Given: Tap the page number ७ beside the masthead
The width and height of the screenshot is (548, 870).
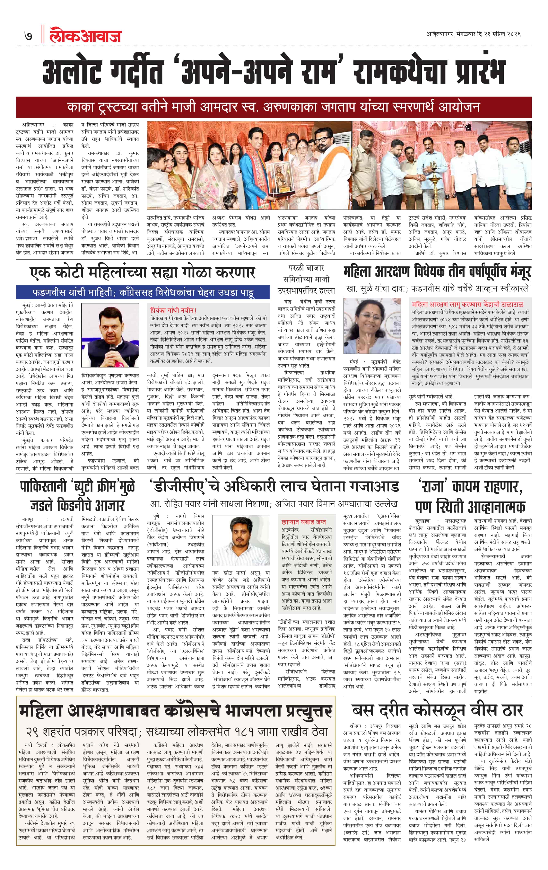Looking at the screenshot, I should click(28, 36).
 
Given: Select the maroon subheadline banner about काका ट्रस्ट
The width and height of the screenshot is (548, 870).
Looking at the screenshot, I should click(274, 107).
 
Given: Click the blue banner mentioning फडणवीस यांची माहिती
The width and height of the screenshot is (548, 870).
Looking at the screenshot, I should click(143, 292).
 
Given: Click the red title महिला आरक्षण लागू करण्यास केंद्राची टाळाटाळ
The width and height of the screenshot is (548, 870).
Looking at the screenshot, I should click(467, 304).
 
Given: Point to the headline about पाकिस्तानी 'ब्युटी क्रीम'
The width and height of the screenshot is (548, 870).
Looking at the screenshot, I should click(77, 495).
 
